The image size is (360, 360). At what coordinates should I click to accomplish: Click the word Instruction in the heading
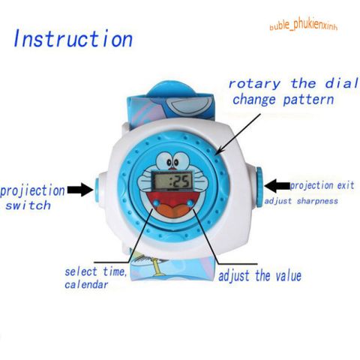point(73,38)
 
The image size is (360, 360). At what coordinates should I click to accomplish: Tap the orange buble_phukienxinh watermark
point(304,25)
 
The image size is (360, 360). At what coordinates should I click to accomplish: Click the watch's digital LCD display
point(173,180)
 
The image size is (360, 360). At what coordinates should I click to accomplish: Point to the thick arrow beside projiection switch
point(80,190)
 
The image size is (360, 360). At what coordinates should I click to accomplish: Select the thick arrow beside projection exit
point(277,186)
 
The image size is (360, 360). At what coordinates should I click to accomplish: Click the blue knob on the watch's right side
point(259,187)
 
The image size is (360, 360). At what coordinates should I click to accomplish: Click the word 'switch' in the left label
point(28,205)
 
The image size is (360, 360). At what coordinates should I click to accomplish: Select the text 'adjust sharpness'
point(301,201)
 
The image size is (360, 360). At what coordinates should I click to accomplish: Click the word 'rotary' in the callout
point(254,84)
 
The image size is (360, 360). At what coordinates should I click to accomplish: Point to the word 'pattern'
point(308,100)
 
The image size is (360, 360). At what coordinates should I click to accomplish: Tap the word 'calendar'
point(86,284)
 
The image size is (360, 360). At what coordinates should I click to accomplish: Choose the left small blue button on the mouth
point(157,202)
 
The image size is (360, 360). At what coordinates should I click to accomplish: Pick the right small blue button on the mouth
point(190,203)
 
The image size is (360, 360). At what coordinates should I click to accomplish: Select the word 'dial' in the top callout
point(341,83)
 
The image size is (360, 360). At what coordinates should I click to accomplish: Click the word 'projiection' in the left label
point(32,190)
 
